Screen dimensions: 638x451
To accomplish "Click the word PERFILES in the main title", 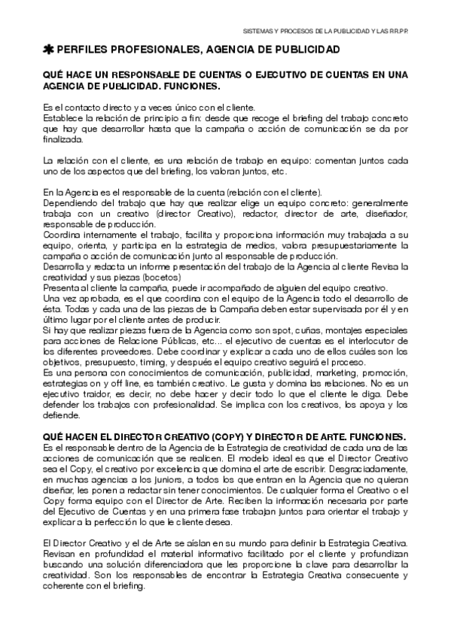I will [87, 50].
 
